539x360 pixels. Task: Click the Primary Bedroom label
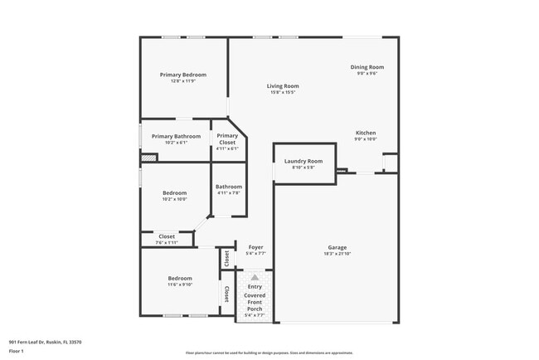[182, 75]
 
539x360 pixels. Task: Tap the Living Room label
[282, 86]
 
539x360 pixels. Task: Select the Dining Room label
[367, 67]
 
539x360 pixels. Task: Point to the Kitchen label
[366, 133]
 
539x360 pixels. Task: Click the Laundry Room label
[303, 161]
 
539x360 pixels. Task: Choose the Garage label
[337, 247]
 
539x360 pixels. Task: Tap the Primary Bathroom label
[176, 136]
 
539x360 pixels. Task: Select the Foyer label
[255, 246]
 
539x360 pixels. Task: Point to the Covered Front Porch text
[254, 302]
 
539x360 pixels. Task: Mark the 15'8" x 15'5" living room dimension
[282, 92]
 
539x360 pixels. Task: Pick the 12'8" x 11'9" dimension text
[182, 80]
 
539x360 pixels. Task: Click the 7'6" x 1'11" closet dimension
[167, 242]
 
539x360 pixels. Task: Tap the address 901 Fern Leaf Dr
[45, 342]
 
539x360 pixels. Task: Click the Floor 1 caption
[17, 352]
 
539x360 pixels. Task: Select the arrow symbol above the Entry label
[254, 277]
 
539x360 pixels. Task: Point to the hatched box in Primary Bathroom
[148, 157]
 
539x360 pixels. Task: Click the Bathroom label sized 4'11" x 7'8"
[229, 187]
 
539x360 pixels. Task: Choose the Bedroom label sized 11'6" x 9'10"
[180, 278]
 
